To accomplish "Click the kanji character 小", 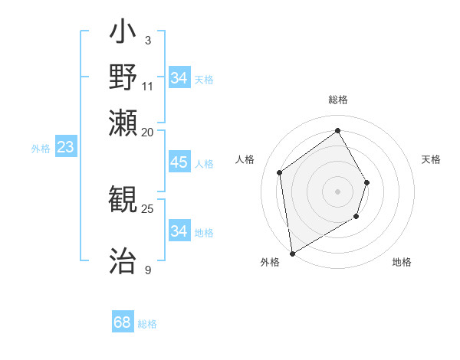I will point(123,33).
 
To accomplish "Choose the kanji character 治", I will point(123,260).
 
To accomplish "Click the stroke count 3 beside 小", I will point(147,40).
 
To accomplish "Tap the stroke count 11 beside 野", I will point(148,85).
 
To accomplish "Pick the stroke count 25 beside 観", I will point(148,208).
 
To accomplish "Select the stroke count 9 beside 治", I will point(147,270).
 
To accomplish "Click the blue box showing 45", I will point(179,162).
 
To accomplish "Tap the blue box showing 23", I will point(65,147).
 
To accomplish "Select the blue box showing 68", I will point(123,322).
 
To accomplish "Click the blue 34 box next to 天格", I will point(179,77).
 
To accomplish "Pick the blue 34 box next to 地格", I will point(179,231).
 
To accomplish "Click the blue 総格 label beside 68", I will point(147,324).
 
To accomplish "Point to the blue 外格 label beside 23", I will point(41,149).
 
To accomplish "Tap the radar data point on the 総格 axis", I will point(337,130).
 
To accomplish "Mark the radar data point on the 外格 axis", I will point(292,252).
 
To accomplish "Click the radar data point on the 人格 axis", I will point(280,172).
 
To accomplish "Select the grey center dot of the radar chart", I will point(337,191).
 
